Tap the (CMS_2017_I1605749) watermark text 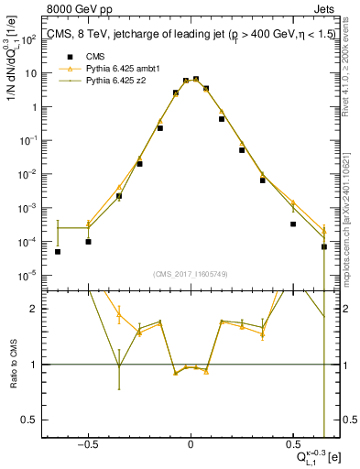click(x=191, y=274)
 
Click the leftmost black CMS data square click(x=58, y=252)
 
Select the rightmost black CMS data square click(x=324, y=246)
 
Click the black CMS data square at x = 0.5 click(x=293, y=224)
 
